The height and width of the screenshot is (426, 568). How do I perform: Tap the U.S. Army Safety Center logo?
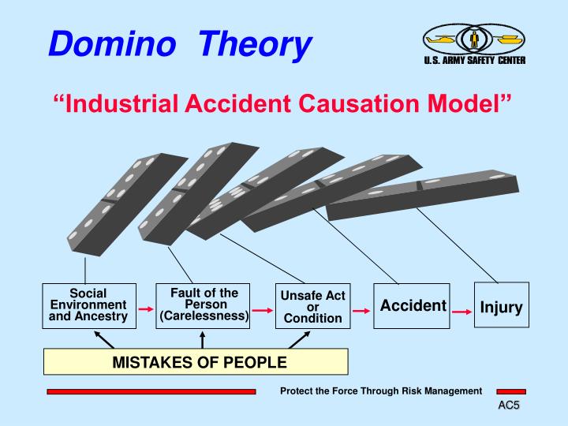(x=473, y=43)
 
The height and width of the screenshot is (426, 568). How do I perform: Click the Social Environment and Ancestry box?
(x=88, y=305)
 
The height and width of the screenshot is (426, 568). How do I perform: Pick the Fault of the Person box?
(x=204, y=305)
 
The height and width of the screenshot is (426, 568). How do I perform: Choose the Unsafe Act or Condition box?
(x=313, y=306)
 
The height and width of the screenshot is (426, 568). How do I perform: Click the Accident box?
(x=412, y=306)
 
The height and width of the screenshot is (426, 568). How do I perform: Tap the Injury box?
(x=501, y=306)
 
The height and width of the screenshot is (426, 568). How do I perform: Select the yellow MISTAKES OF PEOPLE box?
(x=196, y=362)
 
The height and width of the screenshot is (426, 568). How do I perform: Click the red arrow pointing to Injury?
(x=462, y=312)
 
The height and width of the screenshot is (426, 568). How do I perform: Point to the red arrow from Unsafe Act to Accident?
(x=361, y=312)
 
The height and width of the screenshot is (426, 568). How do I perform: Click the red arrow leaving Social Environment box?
(x=145, y=310)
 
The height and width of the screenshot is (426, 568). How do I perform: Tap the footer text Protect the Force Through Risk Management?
(x=381, y=391)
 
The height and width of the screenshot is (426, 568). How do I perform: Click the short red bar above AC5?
(x=510, y=391)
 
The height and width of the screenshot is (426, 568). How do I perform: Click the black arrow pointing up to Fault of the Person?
(x=203, y=339)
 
